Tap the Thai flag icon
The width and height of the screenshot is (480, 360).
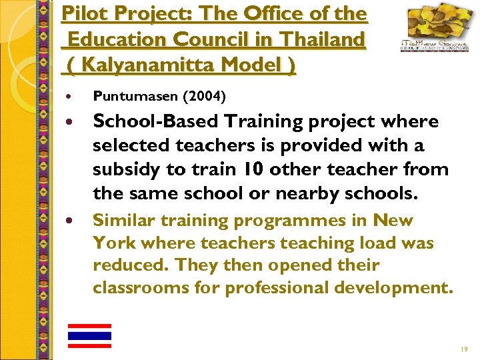(89, 336)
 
